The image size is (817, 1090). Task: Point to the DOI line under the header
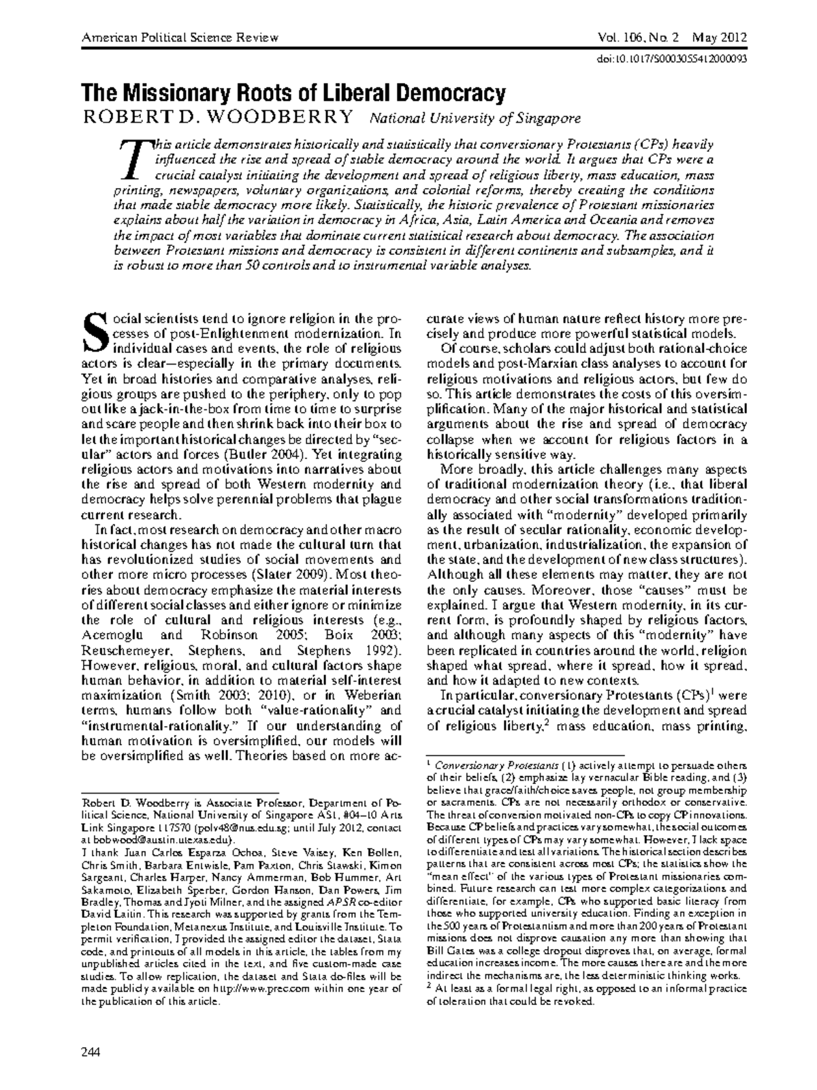coord(671,59)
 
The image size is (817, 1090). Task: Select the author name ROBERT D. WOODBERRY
coord(218,118)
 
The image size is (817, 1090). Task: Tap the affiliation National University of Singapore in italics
coord(475,119)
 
